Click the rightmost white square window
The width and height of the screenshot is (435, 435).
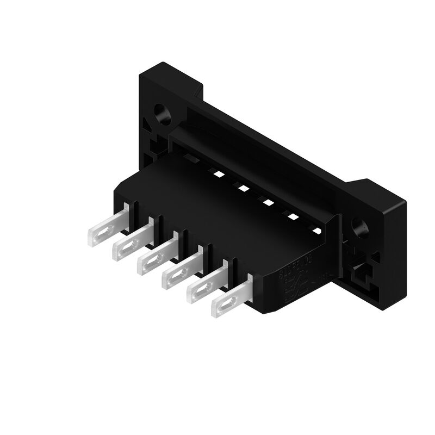coord(317,232)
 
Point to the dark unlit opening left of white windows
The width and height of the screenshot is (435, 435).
coord(190,158)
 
